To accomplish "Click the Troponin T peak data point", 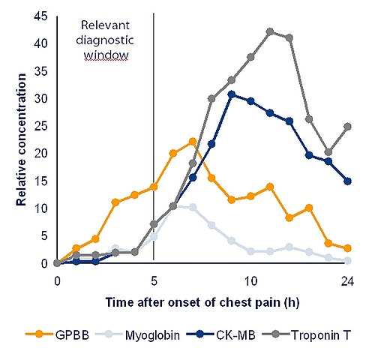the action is (270, 31).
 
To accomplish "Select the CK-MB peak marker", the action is (232, 94).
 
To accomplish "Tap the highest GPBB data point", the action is (193, 142).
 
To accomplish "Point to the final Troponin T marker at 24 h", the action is (347, 127).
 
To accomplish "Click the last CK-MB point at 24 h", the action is (347, 181).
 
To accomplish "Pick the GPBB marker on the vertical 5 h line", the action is (154, 187).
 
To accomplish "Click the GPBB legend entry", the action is (58, 335).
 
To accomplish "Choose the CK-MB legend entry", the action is (221, 335).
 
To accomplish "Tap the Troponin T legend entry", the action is (307, 335).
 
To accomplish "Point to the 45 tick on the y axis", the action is (40, 17).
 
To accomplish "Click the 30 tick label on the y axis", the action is (40, 99).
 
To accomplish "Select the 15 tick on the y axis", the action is (40, 181).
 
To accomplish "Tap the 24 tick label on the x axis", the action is (347, 281).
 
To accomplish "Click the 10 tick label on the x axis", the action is (250, 281).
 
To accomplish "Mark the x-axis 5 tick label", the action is (154, 281).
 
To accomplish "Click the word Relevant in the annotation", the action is (105, 25).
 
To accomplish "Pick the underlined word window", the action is (106, 55).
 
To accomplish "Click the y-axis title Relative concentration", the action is (21, 139).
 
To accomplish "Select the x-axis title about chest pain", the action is (202, 302).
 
